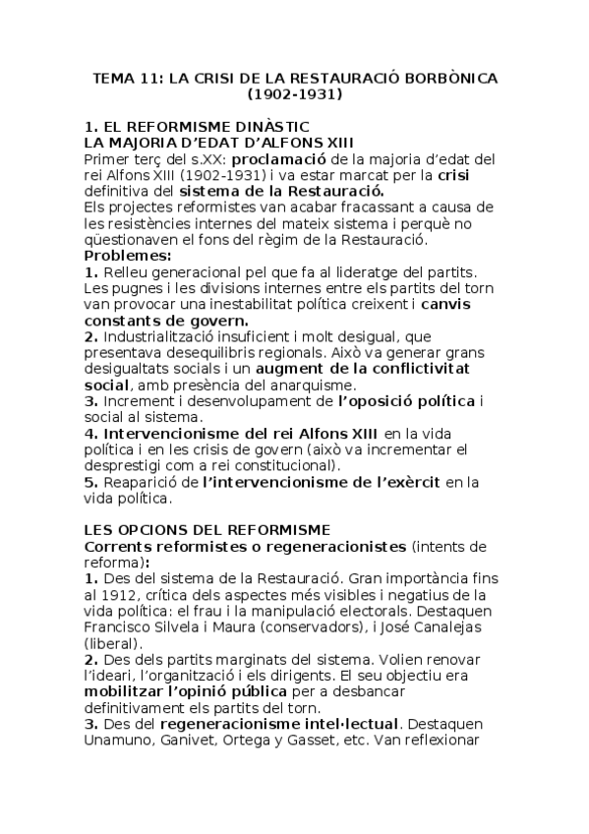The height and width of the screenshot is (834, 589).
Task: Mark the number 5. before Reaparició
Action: pyautogui.click(x=90, y=481)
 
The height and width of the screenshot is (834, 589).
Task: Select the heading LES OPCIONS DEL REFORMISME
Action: pyautogui.click(x=206, y=530)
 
